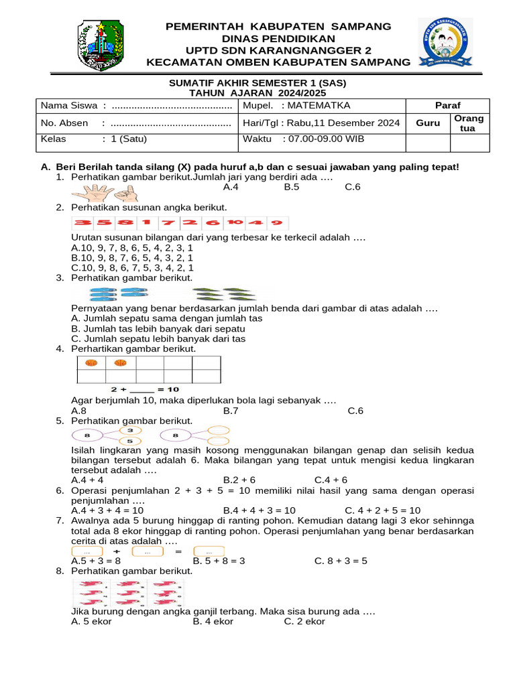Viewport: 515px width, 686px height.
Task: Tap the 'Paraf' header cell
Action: (447, 106)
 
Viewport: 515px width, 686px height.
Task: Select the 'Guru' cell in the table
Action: (428, 123)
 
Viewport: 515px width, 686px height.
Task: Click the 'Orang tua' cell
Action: (469, 123)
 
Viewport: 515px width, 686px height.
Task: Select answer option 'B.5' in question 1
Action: (292, 187)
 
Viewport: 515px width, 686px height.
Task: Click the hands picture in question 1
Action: (103, 193)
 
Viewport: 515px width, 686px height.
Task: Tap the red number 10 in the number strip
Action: (234, 222)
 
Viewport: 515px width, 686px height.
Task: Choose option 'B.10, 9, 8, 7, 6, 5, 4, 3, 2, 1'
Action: (132, 257)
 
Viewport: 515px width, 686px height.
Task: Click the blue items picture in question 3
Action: (119, 293)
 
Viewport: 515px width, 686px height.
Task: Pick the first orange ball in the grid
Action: (92, 363)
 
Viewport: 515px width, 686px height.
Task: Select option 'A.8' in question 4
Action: (78, 411)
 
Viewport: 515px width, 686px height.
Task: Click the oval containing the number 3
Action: (130, 430)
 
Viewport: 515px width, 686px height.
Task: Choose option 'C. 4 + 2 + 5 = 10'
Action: (383, 510)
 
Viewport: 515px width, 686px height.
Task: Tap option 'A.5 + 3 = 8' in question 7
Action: (96, 561)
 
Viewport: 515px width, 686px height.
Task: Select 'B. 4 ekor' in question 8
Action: (213, 621)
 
